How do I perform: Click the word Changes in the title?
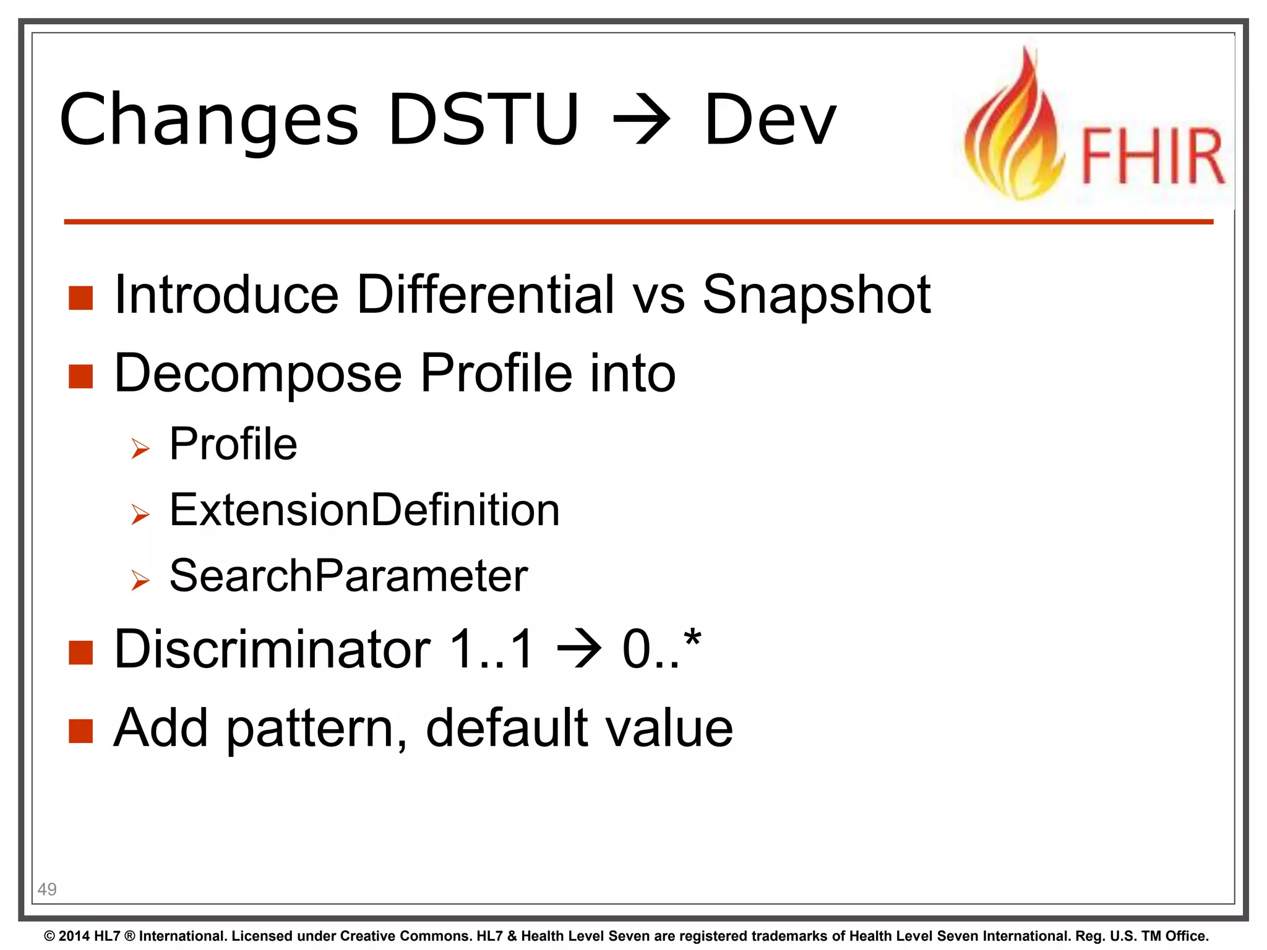pos(208,121)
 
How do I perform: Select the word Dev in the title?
pos(770,121)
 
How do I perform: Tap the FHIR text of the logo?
pos(1153,156)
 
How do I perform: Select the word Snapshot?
pos(816,296)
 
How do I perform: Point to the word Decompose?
pos(258,374)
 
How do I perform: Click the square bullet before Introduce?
pos(80,298)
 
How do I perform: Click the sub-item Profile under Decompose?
pos(233,444)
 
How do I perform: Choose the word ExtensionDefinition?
pos(364,510)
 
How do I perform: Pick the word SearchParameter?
pos(348,576)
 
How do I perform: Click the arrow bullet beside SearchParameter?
pos(140,580)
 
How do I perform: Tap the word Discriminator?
pos(272,649)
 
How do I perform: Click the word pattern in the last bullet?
pos(316,729)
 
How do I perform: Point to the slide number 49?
pos(47,889)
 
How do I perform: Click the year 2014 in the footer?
pos(74,936)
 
